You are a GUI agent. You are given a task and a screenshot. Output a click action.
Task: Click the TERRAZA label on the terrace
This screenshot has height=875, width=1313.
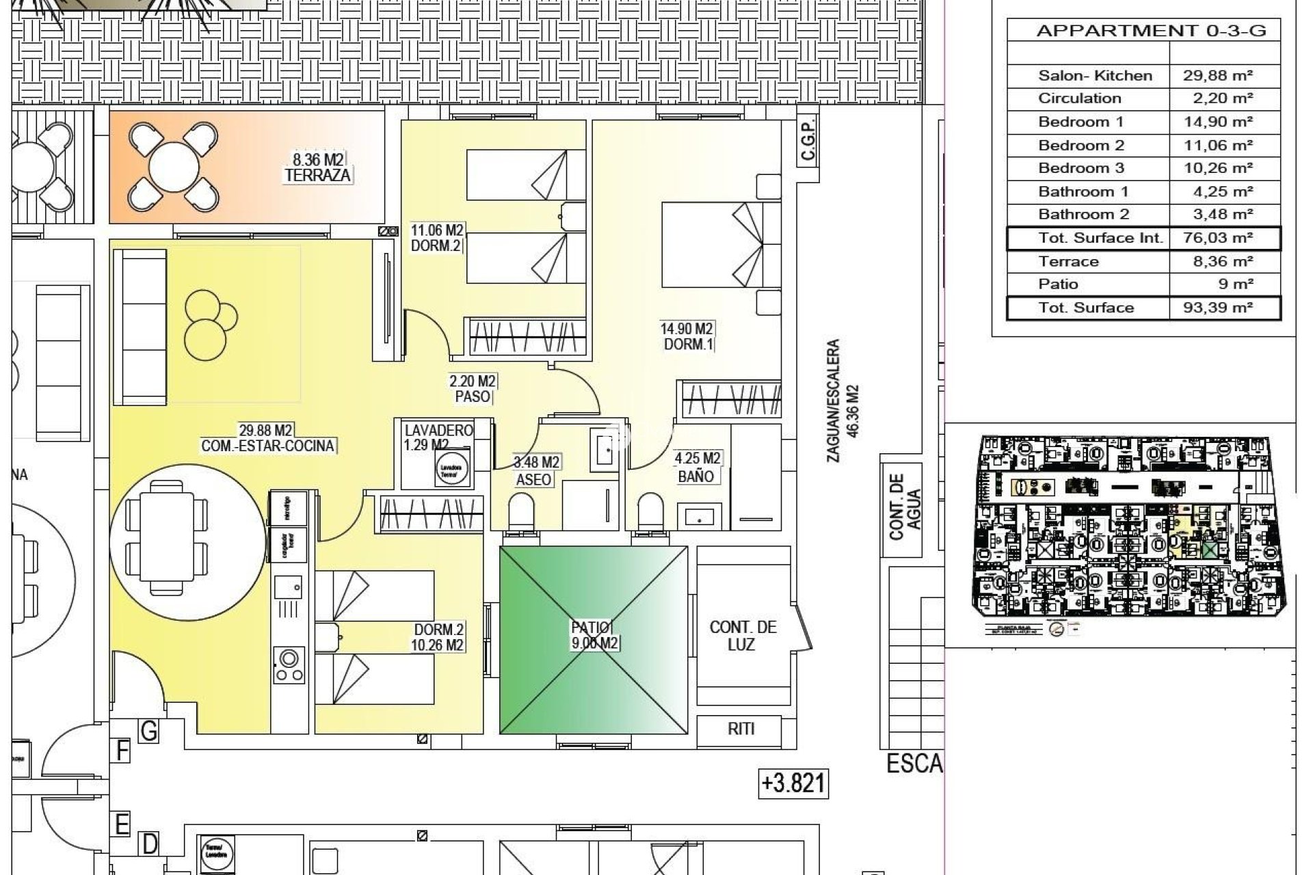(317, 175)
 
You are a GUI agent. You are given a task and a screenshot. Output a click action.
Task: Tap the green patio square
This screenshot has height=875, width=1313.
(594, 639)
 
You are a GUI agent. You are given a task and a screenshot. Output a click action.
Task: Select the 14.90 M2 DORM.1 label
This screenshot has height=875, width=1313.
(686, 337)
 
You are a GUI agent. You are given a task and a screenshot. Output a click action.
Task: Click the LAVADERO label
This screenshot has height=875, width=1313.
(438, 431)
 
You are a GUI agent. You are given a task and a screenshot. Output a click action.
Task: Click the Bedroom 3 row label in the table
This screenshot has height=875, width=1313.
(1080, 168)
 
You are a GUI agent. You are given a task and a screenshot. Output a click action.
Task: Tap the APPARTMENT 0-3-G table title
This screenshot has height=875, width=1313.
(1151, 31)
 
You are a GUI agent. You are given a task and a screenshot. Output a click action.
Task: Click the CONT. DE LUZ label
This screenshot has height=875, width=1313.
(743, 636)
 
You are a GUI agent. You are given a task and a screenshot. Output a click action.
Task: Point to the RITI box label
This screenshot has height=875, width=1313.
(741, 729)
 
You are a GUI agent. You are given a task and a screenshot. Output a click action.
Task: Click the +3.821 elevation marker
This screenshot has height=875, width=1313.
(793, 783)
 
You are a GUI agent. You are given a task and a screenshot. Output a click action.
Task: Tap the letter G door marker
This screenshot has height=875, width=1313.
(148, 731)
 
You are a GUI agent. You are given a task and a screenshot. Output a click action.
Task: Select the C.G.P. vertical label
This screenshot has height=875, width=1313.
(808, 142)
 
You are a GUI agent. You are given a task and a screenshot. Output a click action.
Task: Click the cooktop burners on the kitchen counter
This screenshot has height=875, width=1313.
(288, 665)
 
